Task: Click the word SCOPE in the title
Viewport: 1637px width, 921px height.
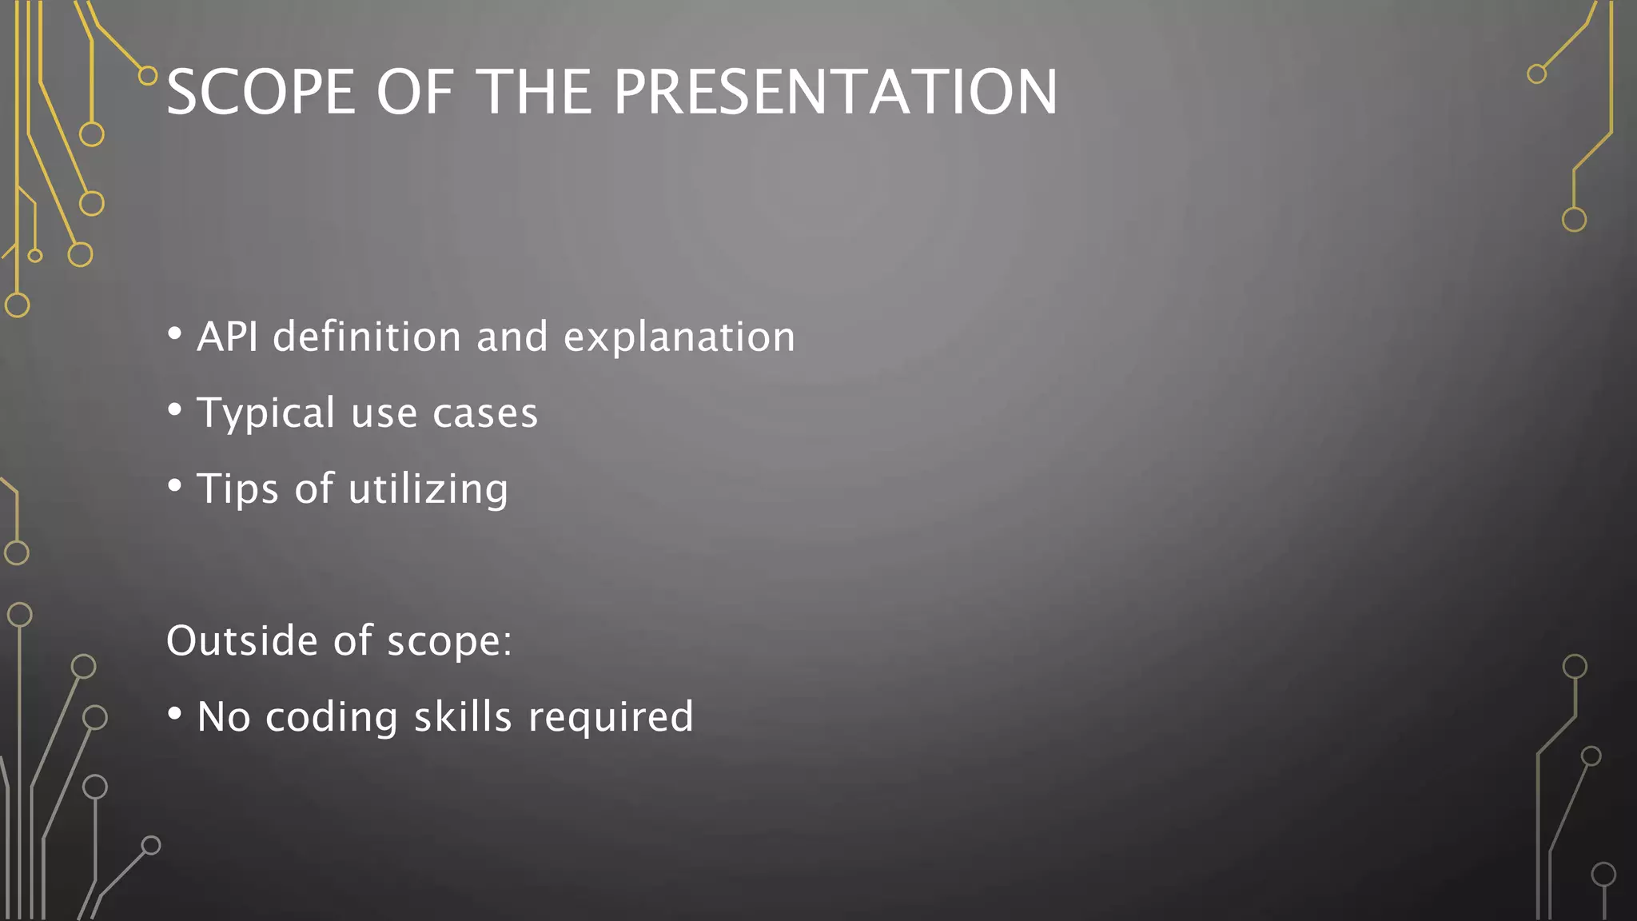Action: click(x=261, y=92)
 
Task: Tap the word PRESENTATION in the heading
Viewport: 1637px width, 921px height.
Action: click(x=835, y=92)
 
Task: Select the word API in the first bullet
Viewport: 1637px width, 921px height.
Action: click(x=227, y=337)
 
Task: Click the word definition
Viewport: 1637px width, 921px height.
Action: click(x=367, y=337)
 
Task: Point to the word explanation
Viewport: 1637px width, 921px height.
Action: click(x=679, y=337)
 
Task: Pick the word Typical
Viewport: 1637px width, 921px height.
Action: click(x=266, y=413)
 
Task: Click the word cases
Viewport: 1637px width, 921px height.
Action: click(x=485, y=413)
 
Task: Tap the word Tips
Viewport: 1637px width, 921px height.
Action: click(x=237, y=488)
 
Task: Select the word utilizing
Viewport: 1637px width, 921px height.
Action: click(x=428, y=488)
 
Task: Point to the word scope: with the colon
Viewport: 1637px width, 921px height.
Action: click(x=449, y=642)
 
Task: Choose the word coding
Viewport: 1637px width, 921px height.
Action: click(x=332, y=717)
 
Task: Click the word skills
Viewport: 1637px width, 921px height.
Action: click(x=463, y=716)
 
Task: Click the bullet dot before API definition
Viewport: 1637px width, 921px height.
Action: click(x=175, y=333)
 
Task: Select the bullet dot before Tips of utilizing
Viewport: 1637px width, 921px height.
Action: click(x=175, y=485)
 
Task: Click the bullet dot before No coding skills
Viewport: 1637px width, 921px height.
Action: click(x=175, y=713)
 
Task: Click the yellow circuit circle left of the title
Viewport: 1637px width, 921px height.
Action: click(x=148, y=76)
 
